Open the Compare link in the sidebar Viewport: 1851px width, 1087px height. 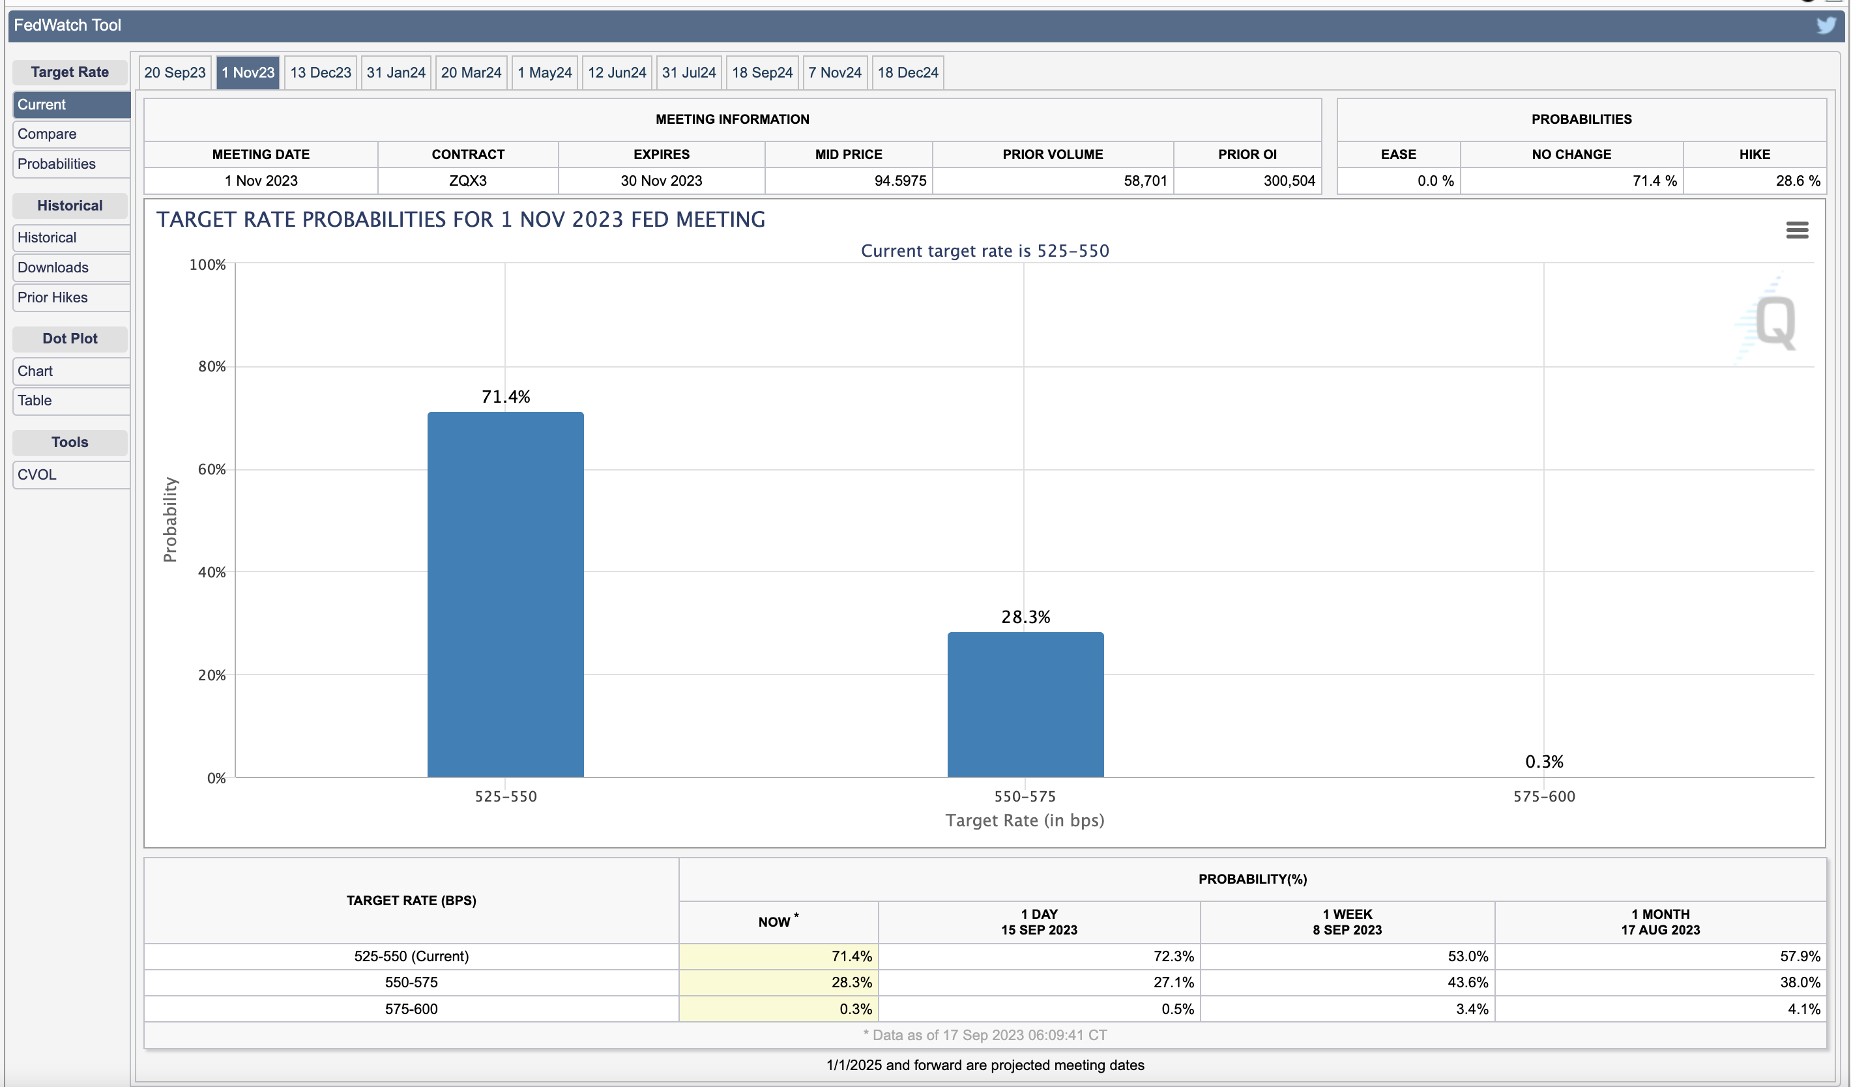(x=47, y=134)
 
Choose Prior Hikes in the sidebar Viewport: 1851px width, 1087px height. (x=52, y=297)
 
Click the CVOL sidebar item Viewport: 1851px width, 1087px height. (x=36, y=474)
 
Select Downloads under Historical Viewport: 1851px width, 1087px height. (x=53, y=267)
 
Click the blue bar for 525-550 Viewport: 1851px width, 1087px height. (x=505, y=594)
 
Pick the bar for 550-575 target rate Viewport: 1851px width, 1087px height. (x=1025, y=704)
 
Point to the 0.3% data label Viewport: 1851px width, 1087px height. (x=1544, y=762)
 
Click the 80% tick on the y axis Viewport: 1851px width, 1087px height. (x=212, y=366)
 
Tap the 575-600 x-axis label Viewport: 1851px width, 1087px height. (x=1544, y=796)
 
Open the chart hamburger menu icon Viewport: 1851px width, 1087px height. (x=1797, y=231)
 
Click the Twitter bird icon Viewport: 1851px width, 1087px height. (x=1826, y=25)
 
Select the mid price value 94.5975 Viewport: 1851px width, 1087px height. (x=900, y=181)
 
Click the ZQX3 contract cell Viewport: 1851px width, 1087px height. (x=468, y=181)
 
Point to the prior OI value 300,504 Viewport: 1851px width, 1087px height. (x=1289, y=181)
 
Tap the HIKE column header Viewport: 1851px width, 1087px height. (x=1754, y=154)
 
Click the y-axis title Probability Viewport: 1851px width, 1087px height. (x=170, y=520)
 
